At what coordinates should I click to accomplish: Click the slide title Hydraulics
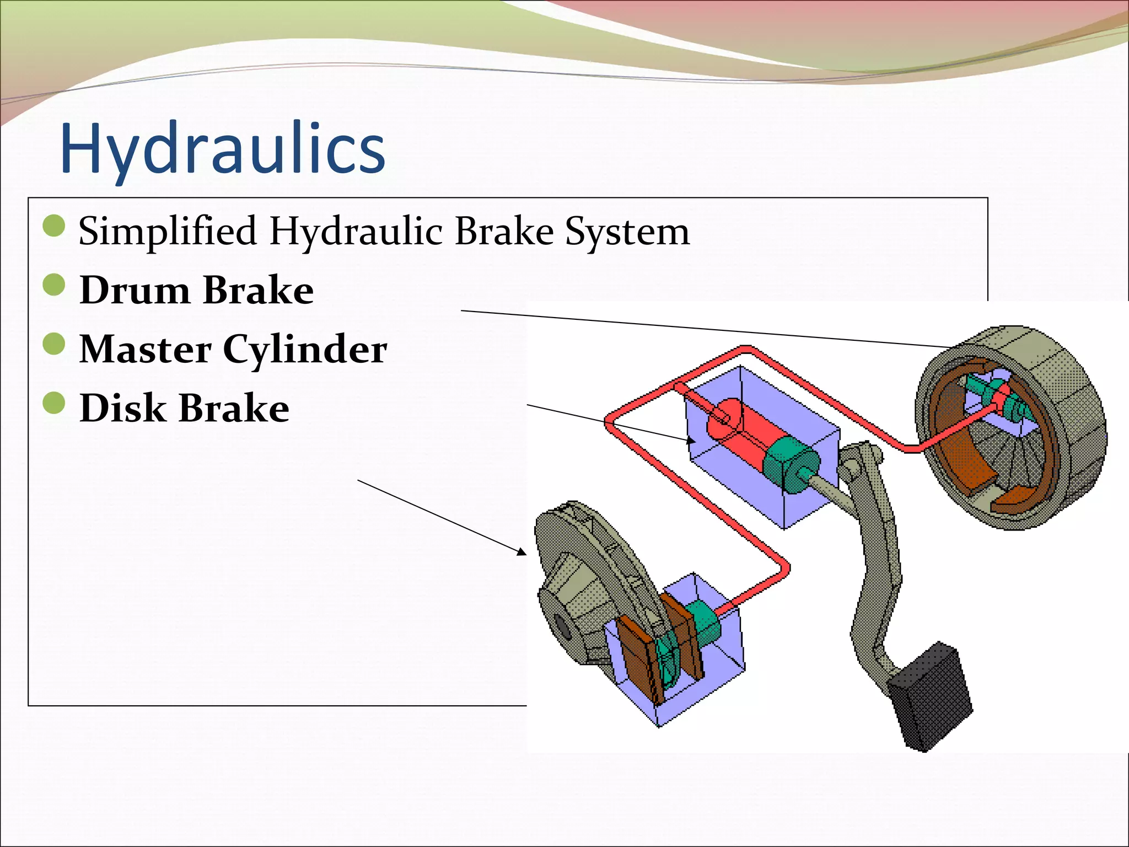222,149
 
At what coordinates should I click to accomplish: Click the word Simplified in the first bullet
167,231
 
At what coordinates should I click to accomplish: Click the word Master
145,349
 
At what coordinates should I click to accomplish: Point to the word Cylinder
305,350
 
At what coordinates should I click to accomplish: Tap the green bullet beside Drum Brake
54,285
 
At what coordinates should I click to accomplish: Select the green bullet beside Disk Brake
54,403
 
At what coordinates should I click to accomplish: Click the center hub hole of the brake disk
562,626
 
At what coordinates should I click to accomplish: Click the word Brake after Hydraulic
504,231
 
